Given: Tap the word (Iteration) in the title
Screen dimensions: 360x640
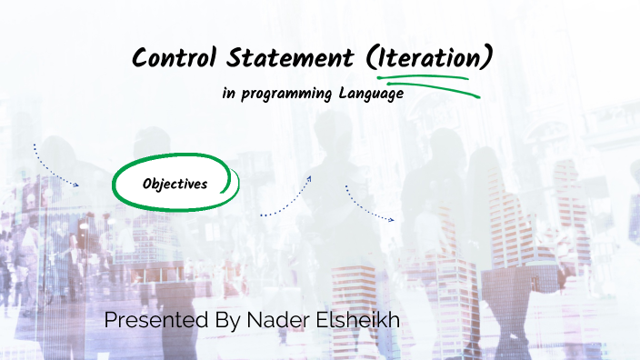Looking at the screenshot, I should point(430,58).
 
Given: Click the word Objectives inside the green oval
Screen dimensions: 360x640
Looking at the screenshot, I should point(175,184).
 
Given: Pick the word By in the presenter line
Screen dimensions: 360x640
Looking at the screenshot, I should point(222,320).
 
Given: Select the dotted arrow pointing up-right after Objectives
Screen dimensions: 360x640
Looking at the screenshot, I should point(287,197).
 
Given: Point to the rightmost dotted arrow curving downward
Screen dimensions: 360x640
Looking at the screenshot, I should point(367,205).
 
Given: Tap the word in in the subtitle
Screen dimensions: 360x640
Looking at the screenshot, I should point(228,95).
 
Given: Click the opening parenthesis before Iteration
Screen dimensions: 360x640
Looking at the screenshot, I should point(373,58).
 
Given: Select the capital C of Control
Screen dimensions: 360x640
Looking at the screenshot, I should point(140,58).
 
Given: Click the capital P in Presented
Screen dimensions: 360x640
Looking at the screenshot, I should point(111,320).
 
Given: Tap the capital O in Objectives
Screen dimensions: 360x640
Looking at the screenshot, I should point(147,184).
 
